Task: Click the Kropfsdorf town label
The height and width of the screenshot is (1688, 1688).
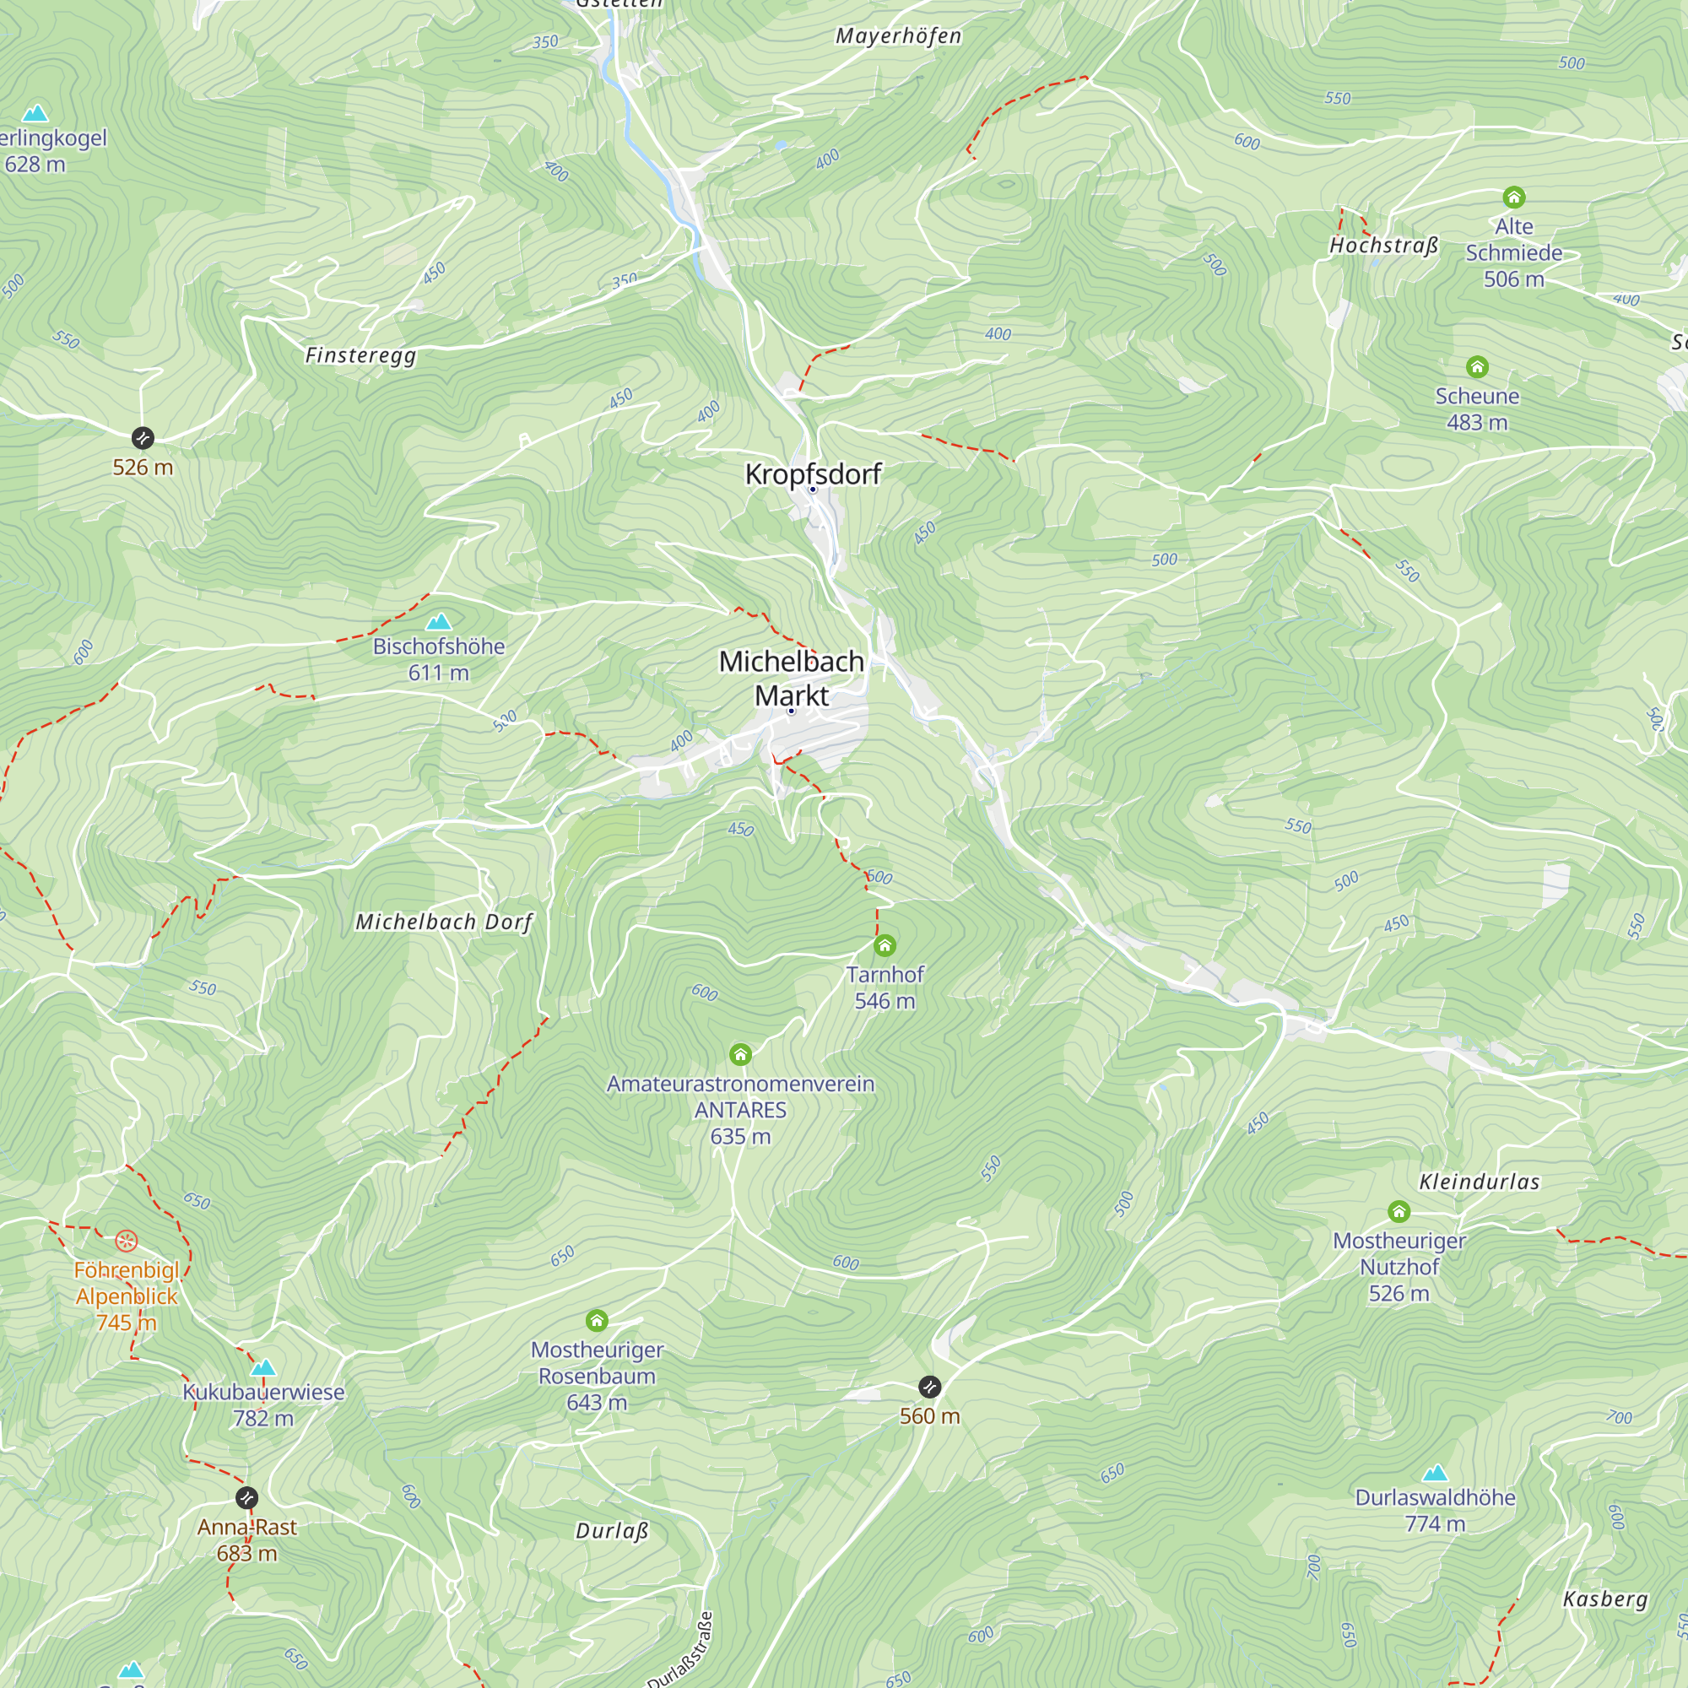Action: [x=813, y=474]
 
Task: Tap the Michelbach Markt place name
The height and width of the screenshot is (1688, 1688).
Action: [x=792, y=678]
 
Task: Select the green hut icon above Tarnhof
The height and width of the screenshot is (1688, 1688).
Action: [x=885, y=945]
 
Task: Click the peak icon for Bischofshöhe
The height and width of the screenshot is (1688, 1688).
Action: [x=439, y=622]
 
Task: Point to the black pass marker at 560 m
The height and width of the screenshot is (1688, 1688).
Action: [x=929, y=1387]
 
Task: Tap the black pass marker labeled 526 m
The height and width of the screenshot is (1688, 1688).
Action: [x=143, y=438]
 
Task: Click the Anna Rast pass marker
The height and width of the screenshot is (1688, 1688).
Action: [x=247, y=1498]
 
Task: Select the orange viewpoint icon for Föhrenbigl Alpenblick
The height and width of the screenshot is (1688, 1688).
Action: [x=127, y=1241]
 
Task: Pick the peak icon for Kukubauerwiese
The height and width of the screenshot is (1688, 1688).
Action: [x=263, y=1367]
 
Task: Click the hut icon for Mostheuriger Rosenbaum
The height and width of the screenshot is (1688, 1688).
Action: [x=597, y=1320]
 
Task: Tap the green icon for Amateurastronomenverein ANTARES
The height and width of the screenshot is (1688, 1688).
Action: [x=740, y=1054]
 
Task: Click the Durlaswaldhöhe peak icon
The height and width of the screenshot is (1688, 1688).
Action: [x=1435, y=1474]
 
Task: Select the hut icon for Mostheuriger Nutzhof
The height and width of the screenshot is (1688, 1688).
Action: [x=1399, y=1211]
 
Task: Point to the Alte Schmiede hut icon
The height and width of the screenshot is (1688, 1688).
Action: [x=1514, y=197]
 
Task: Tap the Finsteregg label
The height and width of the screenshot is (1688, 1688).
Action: [x=360, y=355]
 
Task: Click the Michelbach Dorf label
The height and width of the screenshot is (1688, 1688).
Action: [x=444, y=922]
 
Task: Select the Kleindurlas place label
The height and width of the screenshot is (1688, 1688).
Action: [x=1480, y=1182]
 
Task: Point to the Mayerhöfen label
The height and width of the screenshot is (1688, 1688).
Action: [x=898, y=35]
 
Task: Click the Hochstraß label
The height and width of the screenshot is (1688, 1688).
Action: [x=1383, y=246]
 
